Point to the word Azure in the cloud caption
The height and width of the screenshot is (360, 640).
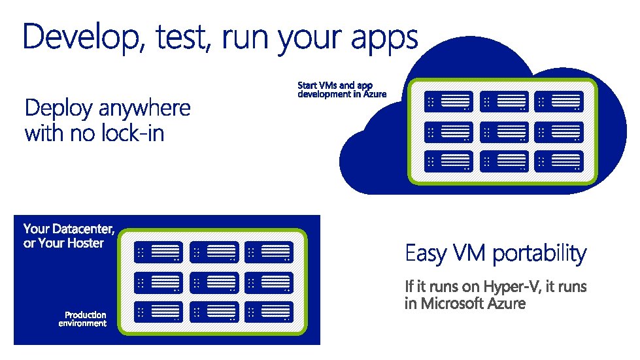click(x=375, y=94)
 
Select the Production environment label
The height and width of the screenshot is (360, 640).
click(x=82, y=319)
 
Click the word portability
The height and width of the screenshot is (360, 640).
click(x=539, y=254)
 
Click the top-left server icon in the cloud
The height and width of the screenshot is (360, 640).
click(x=448, y=102)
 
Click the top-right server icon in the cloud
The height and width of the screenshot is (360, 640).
click(x=558, y=102)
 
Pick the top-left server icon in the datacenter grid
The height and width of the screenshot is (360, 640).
click(x=159, y=253)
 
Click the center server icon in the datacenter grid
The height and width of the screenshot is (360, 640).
click(x=214, y=282)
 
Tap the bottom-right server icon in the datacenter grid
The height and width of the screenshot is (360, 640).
click(x=269, y=311)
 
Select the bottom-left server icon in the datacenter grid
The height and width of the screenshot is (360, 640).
click(x=159, y=311)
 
